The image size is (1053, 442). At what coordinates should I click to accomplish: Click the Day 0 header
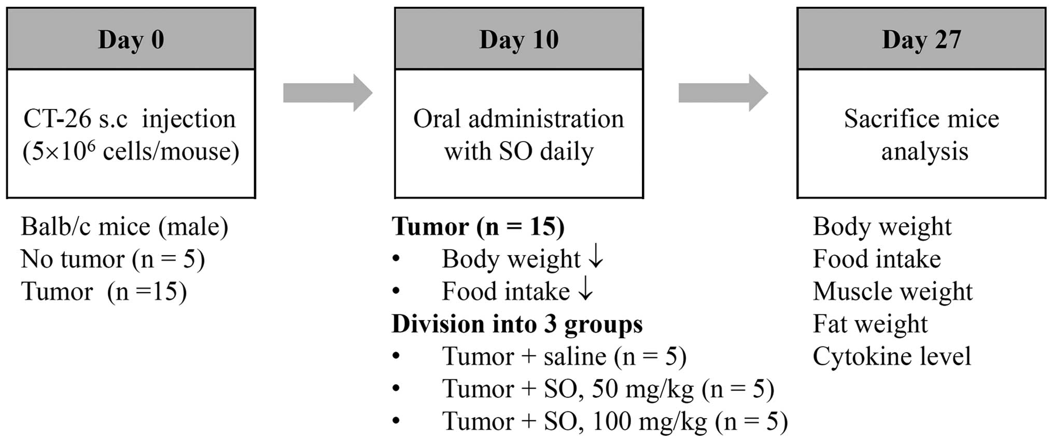point(131,39)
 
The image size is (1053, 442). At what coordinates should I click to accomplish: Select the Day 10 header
point(518,39)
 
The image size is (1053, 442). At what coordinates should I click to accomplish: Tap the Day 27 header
point(921,39)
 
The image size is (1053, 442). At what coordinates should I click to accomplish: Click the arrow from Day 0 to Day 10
point(327,93)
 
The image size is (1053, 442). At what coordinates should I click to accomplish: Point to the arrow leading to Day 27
point(723,93)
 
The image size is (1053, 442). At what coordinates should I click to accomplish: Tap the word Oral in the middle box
point(437,119)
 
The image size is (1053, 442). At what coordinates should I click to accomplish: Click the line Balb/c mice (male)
point(124,227)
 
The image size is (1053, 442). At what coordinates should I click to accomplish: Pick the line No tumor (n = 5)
point(113,259)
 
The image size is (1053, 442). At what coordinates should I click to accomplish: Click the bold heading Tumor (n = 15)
point(478,227)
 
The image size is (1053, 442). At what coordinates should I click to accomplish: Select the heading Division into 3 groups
point(517,324)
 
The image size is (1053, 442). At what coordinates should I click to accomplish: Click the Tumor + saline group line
point(564,356)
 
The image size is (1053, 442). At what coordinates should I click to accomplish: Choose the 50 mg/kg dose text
point(642,389)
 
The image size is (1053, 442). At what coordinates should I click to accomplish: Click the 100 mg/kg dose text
point(649,421)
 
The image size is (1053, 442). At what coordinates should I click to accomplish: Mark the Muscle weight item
point(892,292)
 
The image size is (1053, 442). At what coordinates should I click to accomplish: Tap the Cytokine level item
point(891,356)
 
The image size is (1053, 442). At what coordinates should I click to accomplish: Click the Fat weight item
point(869,324)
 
